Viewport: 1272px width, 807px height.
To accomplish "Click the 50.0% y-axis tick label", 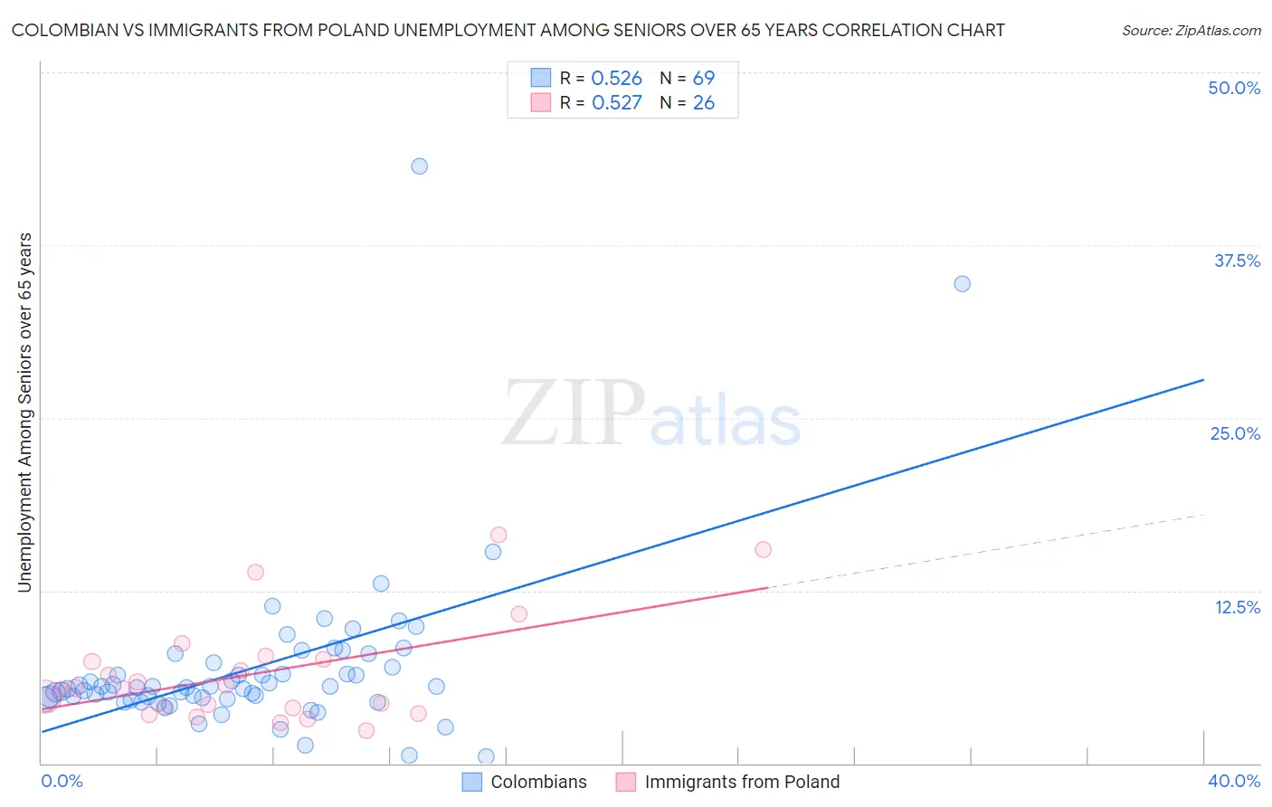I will (x=1234, y=88).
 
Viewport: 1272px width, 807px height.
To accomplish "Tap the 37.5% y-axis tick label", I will (x=1237, y=261).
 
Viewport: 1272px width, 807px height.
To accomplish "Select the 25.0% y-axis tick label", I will (x=1235, y=433).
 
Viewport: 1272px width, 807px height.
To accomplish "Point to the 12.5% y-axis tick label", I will (x=1237, y=607).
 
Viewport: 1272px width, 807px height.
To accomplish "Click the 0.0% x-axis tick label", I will (x=62, y=781).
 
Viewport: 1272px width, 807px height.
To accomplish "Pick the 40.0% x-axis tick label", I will (x=1234, y=781).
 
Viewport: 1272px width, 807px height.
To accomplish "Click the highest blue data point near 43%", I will (x=419, y=166).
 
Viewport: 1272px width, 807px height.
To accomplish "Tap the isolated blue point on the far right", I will (x=962, y=284).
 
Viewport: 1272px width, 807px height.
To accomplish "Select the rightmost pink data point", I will (x=763, y=549).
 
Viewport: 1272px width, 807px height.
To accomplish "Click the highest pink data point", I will (x=498, y=535).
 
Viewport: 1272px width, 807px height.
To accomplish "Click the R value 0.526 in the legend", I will (x=616, y=79).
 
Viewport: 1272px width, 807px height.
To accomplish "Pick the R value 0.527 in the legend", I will (x=616, y=103).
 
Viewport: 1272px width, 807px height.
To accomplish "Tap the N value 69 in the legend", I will (x=703, y=79).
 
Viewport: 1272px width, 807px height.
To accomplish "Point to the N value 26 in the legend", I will (x=703, y=103).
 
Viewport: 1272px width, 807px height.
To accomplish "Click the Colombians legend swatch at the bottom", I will (x=472, y=782).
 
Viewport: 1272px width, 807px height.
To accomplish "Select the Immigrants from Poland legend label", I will (x=742, y=782).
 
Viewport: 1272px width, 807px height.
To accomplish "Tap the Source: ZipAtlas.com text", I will (x=1191, y=30).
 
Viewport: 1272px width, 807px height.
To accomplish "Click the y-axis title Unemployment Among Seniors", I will (x=24, y=413).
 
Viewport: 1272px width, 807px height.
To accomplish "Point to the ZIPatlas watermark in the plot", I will (x=651, y=414).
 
